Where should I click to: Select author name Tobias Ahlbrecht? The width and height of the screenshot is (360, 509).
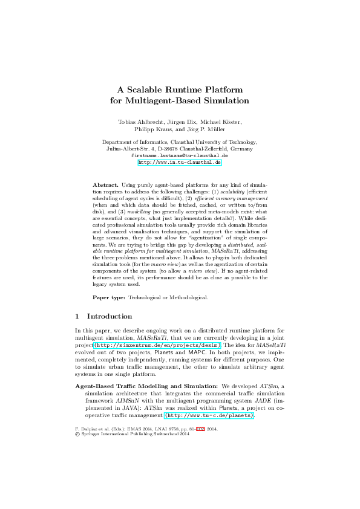pos(135,122)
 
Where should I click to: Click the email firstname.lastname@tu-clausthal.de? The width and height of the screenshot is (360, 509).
pos(180,155)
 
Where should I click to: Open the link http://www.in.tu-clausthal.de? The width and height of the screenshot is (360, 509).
pos(180,163)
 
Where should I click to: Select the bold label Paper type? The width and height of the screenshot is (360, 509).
pos(110,297)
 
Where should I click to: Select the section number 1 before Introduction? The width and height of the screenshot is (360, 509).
pos(77,316)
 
